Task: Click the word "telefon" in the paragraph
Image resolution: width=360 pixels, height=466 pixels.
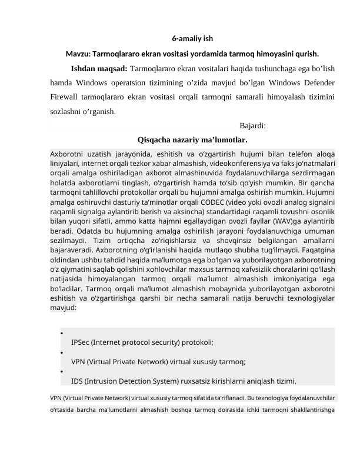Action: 282,154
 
